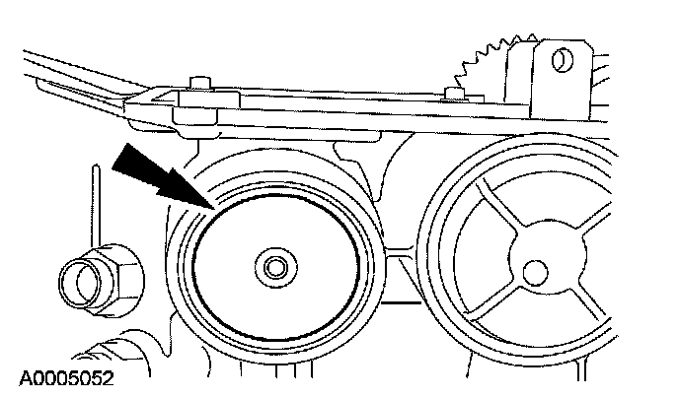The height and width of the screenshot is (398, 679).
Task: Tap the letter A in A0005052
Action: (23, 377)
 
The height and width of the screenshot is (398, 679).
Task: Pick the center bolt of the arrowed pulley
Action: (273, 266)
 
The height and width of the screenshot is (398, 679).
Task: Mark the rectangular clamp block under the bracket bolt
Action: (196, 113)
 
